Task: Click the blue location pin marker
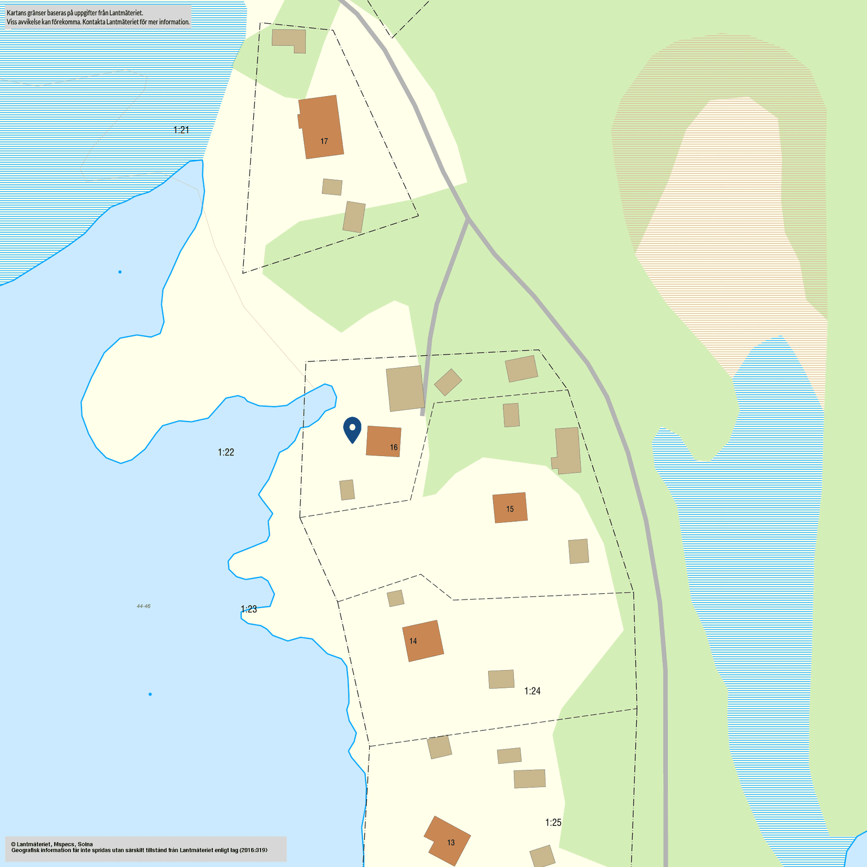352,429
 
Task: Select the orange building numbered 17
321,127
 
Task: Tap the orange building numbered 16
384,441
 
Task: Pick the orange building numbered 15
510,508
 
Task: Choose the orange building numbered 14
423,641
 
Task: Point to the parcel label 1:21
181,130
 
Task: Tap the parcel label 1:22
226,452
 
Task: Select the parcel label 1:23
249,609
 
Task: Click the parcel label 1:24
532,691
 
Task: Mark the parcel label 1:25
553,822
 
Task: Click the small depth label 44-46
143,606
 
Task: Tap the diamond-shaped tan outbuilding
448,382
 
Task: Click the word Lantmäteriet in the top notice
126,13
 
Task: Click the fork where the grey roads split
468,218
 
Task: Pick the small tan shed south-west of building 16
347,490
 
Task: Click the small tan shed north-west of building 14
396,598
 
